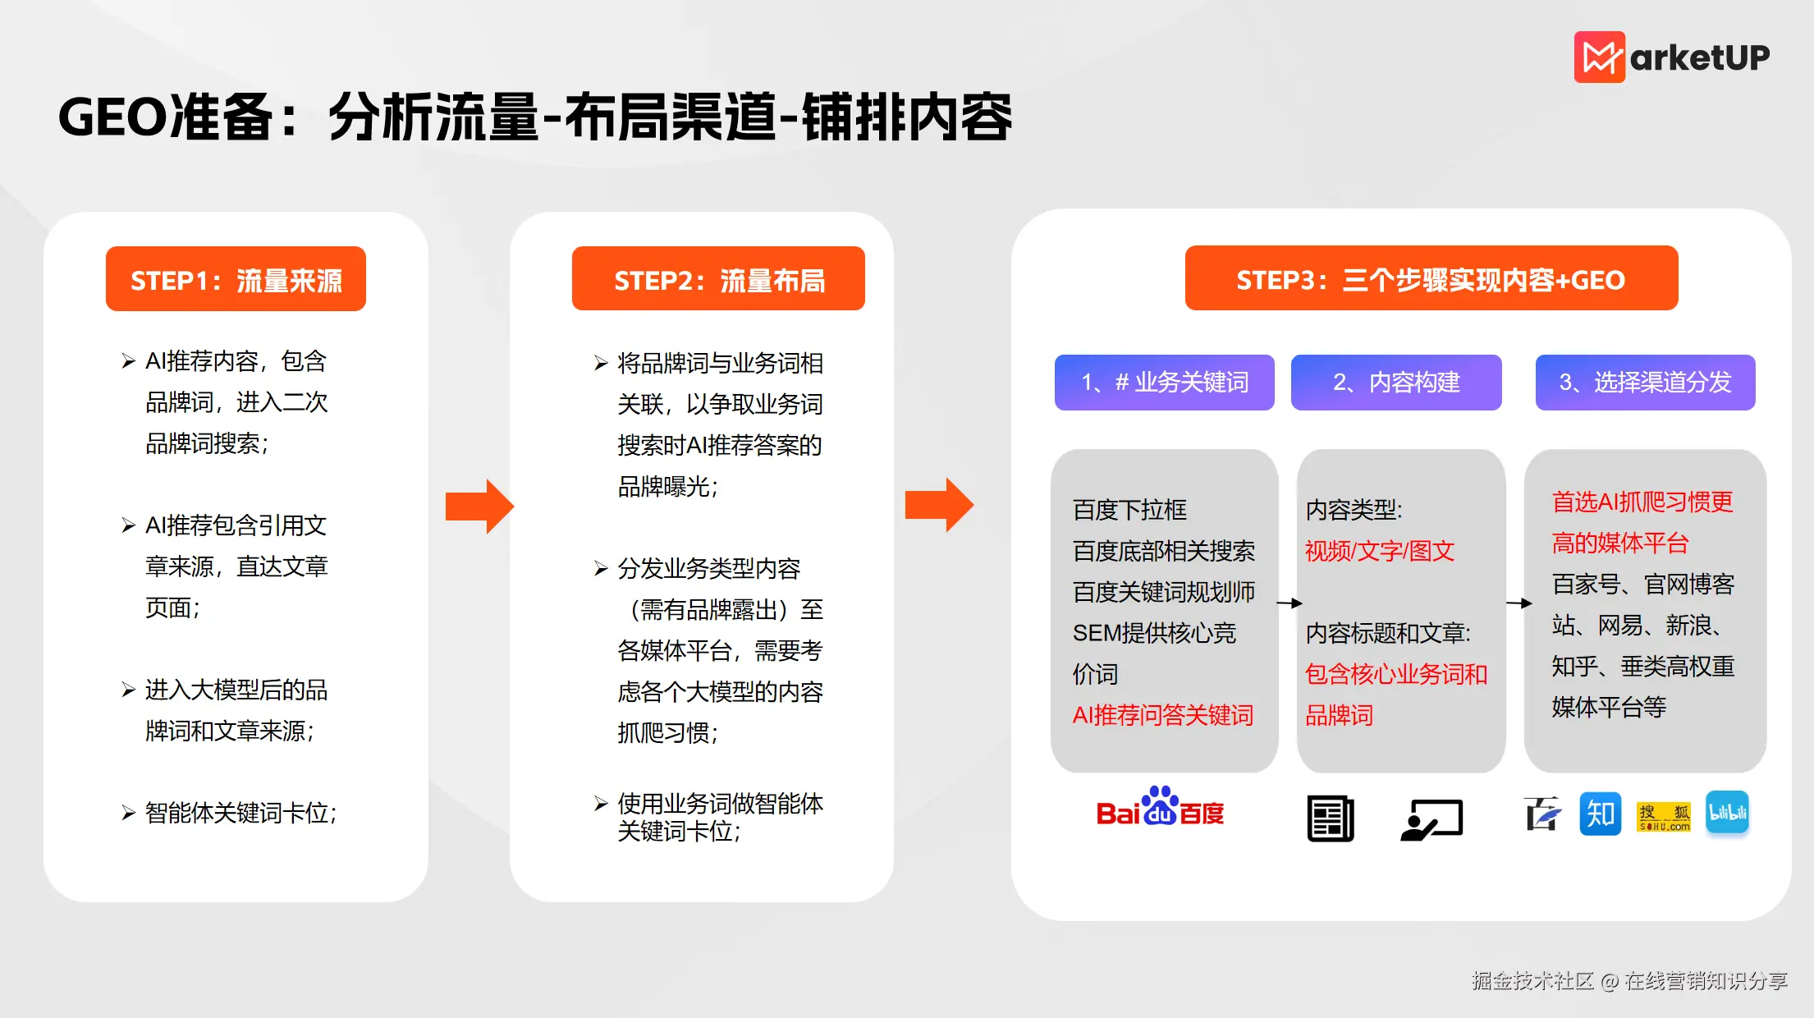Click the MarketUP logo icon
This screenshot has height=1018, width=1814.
(x=1598, y=57)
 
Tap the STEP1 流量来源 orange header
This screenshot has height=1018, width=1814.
(x=236, y=279)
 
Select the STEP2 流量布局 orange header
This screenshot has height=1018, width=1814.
(x=718, y=279)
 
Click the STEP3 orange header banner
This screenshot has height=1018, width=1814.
(x=1431, y=279)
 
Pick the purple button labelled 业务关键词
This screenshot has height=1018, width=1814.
(x=1164, y=383)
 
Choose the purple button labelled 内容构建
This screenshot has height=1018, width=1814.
(x=1396, y=383)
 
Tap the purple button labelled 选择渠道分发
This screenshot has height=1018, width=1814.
(x=1645, y=383)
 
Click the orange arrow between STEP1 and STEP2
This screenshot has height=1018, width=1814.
(x=479, y=506)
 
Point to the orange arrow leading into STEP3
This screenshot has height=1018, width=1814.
(x=939, y=505)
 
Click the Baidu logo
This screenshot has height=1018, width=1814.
(x=1160, y=808)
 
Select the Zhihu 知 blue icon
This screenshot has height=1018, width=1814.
(x=1600, y=814)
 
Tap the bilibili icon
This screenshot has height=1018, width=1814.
(x=1727, y=813)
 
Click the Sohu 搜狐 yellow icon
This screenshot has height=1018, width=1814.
(x=1664, y=816)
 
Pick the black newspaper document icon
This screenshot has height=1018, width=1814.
(x=1330, y=819)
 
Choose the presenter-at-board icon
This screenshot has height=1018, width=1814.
(x=1432, y=819)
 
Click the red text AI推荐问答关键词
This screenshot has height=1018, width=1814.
(x=1162, y=715)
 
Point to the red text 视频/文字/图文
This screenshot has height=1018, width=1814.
(x=1380, y=551)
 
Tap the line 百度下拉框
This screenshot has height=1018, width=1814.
(x=1129, y=510)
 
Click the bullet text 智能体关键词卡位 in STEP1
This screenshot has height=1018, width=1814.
(x=240, y=813)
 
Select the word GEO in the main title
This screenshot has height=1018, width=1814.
(x=113, y=117)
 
